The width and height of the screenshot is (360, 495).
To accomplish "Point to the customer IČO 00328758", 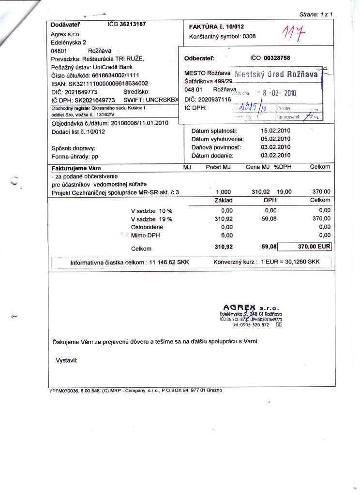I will click(x=277, y=58).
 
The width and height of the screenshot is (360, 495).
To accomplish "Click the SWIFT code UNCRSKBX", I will click(x=162, y=99).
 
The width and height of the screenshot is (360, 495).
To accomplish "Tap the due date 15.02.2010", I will click(x=275, y=131).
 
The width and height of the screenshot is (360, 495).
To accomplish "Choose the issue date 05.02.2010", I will click(x=275, y=139).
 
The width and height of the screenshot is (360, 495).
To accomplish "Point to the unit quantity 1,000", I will click(x=223, y=192).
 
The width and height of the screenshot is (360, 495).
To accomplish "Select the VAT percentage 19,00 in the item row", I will click(x=285, y=192).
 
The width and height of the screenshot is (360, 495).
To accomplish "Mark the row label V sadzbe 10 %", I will click(x=151, y=211).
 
